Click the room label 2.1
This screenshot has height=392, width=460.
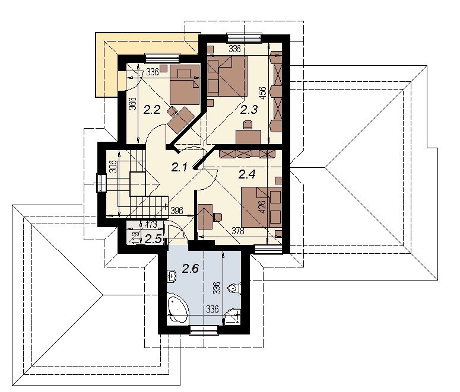(179, 168)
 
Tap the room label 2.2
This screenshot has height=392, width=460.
(152, 110)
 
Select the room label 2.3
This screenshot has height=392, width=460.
(249, 110)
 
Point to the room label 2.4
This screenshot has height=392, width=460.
(247, 174)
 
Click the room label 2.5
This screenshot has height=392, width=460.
(153, 239)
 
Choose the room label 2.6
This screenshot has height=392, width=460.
(191, 268)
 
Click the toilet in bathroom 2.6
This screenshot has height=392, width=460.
(234, 289)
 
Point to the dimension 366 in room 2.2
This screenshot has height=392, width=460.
(133, 104)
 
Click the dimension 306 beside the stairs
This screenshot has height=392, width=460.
(113, 166)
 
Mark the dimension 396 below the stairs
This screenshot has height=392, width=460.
(177, 211)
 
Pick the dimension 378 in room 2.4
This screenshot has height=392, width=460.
(238, 231)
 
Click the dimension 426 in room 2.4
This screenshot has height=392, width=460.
(262, 207)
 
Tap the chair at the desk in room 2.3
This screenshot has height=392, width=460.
(248, 125)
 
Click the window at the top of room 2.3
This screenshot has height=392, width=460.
(244, 39)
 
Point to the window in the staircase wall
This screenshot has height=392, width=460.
(101, 183)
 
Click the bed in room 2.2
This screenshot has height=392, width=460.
(185, 84)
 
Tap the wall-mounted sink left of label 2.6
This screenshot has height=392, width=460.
(172, 276)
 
